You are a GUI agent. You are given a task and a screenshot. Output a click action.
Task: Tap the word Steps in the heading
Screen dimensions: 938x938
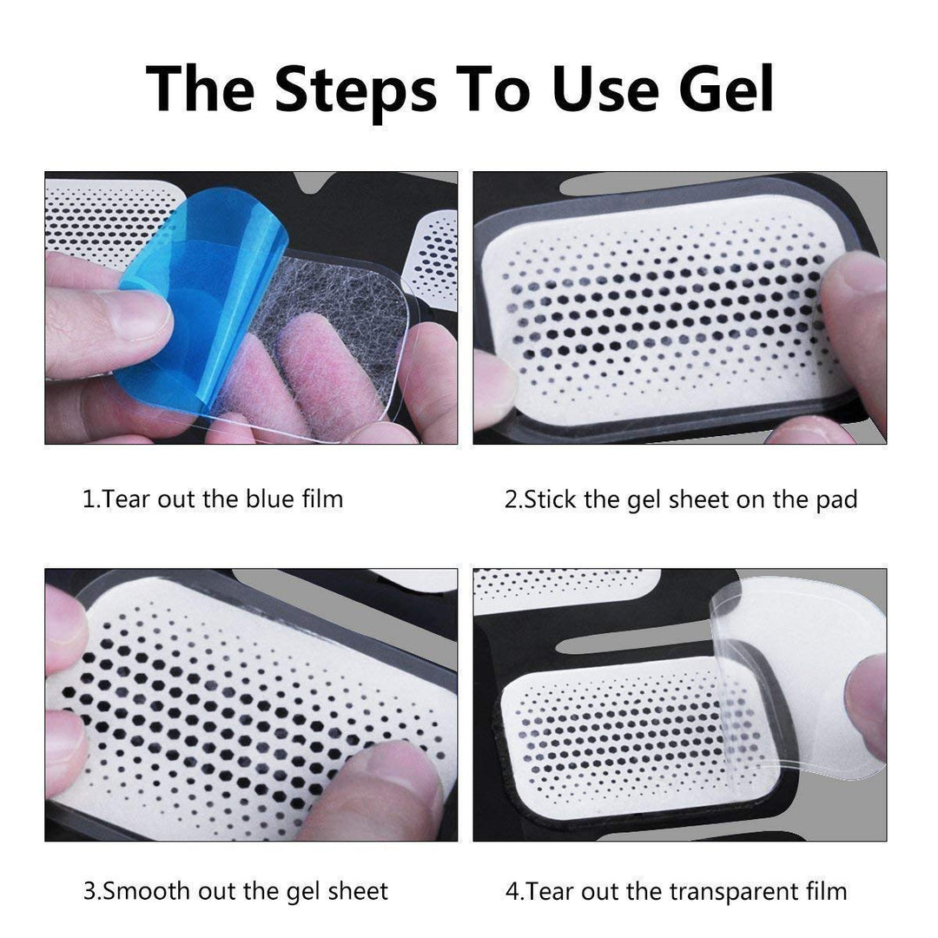(356, 89)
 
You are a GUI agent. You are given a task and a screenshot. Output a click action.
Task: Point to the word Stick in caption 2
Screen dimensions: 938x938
(552, 499)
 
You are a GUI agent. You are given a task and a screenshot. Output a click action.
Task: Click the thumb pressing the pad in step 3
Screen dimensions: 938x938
(382, 786)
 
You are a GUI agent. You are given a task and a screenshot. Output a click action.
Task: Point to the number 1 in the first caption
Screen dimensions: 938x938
(87, 499)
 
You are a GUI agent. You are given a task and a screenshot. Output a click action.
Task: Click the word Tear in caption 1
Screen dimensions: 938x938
(127, 499)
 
